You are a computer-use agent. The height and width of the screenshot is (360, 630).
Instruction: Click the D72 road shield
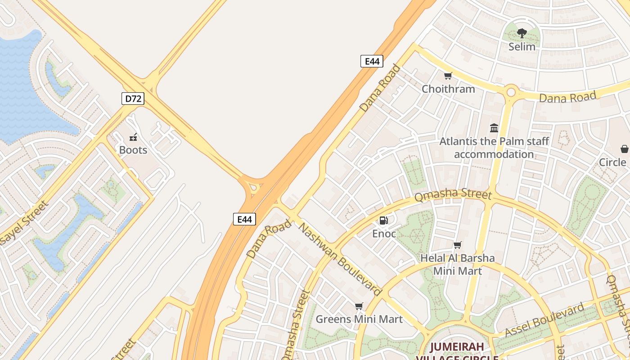coord(133,99)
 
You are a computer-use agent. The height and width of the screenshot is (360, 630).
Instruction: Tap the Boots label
coord(133,150)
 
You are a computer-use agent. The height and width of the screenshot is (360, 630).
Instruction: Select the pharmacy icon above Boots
coord(133,137)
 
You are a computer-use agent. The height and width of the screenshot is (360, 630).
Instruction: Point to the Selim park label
coord(522,46)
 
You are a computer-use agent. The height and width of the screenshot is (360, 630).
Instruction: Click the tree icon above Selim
coord(522,33)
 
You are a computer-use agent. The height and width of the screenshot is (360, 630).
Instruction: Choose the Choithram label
coord(448,89)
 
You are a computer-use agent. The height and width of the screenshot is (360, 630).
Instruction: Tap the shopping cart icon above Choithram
coord(448,76)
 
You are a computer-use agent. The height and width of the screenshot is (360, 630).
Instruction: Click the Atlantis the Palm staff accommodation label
coord(494,148)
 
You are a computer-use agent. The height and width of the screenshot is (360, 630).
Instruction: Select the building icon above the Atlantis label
coord(494,128)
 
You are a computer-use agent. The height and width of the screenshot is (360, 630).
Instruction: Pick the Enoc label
coord(384,234)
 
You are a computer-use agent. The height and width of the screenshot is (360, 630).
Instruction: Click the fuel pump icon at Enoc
coord(383,220)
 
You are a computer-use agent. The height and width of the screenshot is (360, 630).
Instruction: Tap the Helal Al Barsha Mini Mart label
coord(457,264)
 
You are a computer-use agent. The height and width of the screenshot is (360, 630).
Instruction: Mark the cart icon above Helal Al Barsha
coord(458,245)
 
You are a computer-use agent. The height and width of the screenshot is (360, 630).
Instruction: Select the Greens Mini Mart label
coord(359,319)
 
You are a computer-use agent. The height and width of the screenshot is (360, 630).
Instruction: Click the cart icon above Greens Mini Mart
coord(359,306)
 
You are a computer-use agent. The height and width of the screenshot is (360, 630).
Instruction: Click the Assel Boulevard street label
coord(544,320)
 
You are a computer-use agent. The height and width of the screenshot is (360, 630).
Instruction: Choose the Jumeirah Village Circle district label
coord(457,351)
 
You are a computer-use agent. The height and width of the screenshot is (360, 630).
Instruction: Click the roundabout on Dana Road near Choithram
coord(511,92)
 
